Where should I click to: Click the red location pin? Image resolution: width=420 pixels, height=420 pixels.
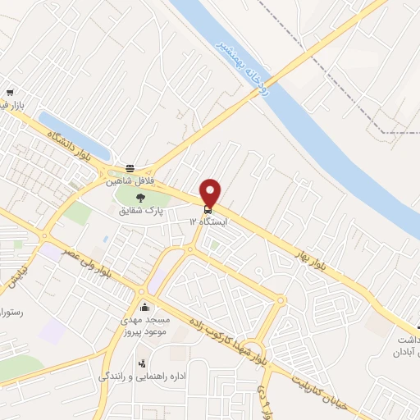point(210,191)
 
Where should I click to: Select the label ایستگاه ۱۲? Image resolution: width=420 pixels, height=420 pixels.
point(208,221)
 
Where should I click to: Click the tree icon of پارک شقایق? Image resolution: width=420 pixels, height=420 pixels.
point(139,197)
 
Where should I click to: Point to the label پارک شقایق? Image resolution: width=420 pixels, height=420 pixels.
point(139,210)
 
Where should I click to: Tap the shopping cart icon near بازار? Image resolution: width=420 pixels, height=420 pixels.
point(10,94)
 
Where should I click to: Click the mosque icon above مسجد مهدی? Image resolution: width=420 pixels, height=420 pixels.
point(146,307)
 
